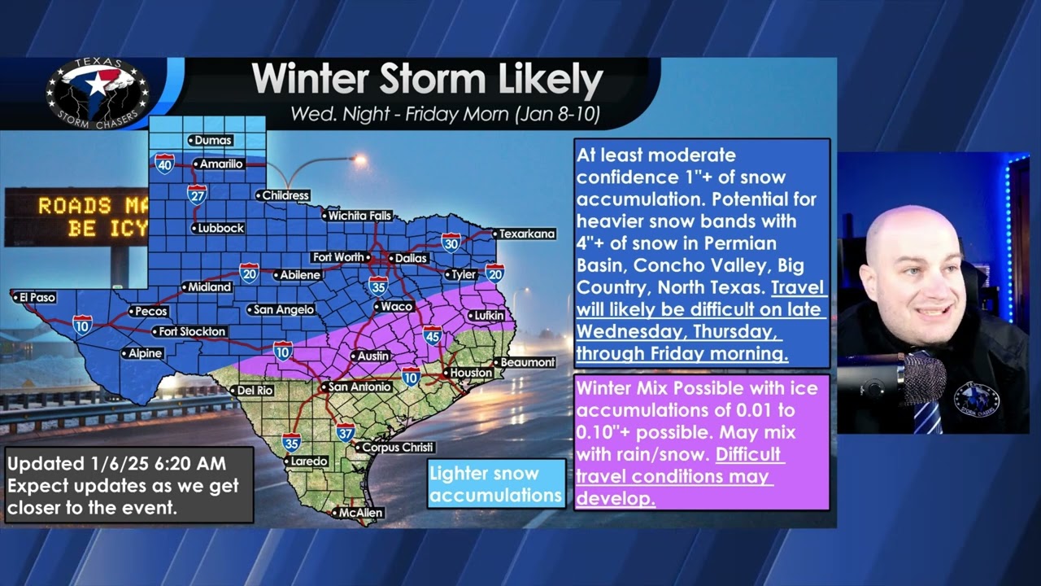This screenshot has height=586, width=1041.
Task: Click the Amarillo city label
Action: pyautogui.click(x=220, y=164)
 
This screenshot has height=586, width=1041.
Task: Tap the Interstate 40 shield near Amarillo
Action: pyautogui.click(x=164, y=164)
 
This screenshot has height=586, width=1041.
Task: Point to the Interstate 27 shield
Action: pyautogui.click(x=197, y=194)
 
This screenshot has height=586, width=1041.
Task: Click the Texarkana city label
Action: pyautogui.click(x=525, y=234)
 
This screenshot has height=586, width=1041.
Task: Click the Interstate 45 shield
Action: pyautogui.click(x=433, y=335)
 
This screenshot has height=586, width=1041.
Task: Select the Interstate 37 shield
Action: pyautogui.click(x=345, y=432)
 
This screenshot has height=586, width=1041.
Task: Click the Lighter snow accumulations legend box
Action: pyautogui.click(x=496, y=484)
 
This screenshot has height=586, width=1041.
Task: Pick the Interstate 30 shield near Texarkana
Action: pyautogui.click(x=451, y=242)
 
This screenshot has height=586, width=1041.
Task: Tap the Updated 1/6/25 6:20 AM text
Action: pyautogui.click(x=116, y=465)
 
